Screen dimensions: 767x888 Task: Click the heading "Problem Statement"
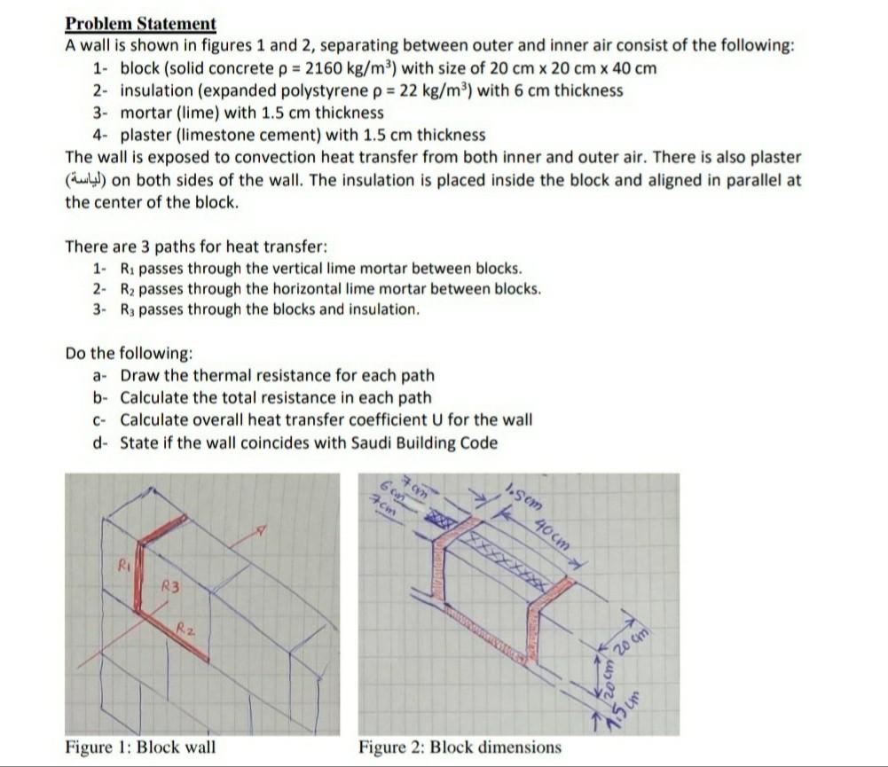click(141, 24)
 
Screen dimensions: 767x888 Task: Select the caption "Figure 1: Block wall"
click(140, 747)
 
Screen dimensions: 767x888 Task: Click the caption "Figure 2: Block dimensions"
click(460, 747)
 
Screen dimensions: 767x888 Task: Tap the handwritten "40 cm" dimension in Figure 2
click(553, 534)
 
